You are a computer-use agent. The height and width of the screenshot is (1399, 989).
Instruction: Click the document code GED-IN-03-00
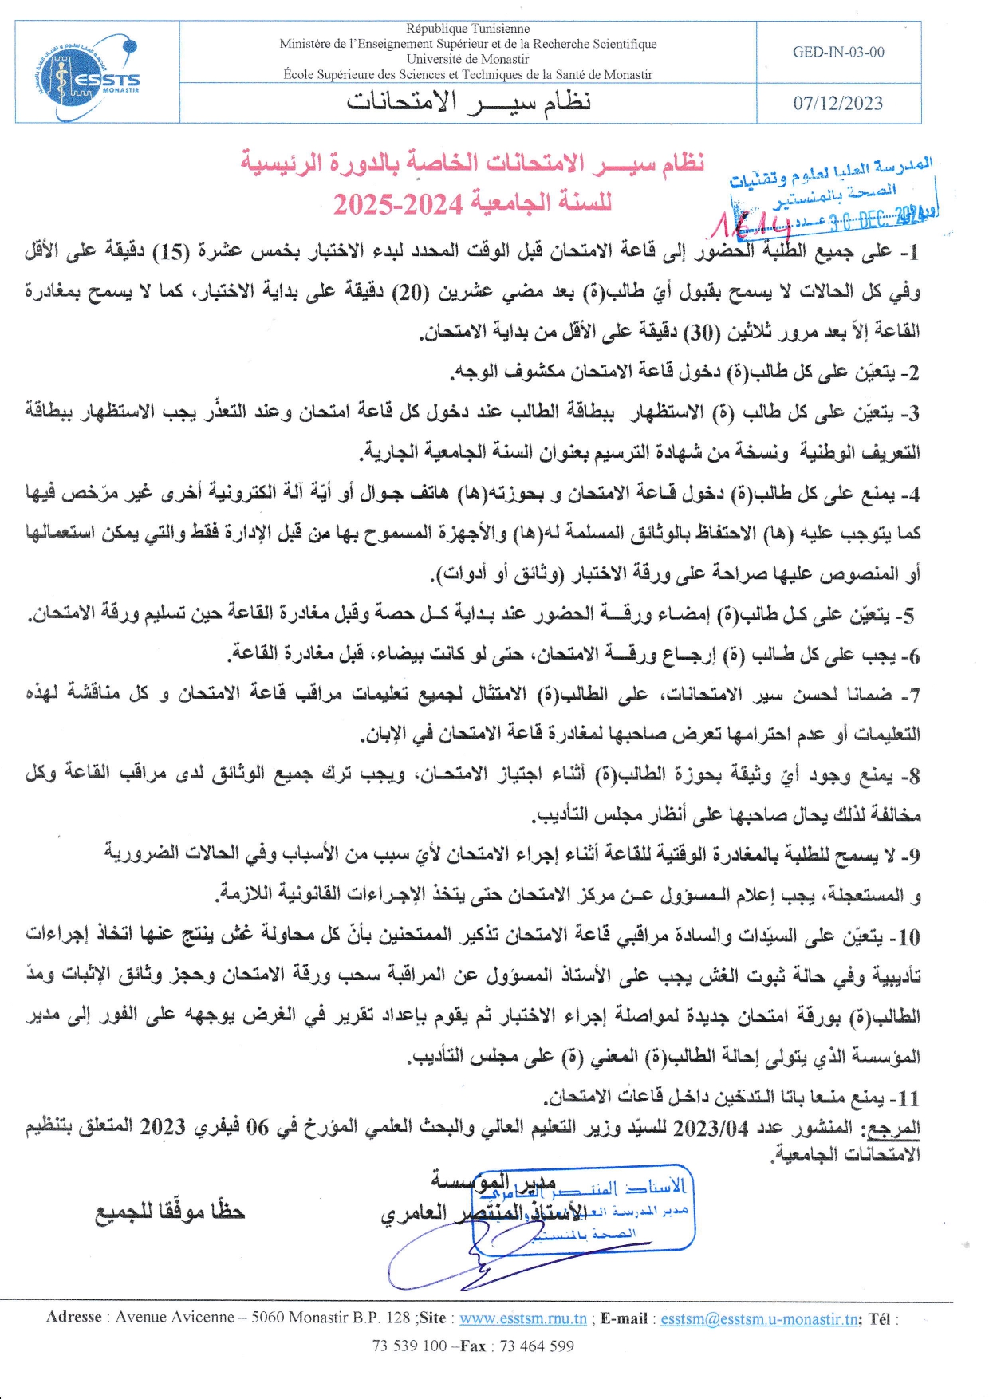click(x=838, y=53)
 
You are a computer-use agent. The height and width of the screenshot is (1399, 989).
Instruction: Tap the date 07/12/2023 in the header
click(x=837, y=104)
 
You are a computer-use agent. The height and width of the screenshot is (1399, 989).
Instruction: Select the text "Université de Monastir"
click(x=467, y=59)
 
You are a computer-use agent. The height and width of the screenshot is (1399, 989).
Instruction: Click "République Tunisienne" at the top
click(x=467, y=29)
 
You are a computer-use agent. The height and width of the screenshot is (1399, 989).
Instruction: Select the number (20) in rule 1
click(x=411, y=292)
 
